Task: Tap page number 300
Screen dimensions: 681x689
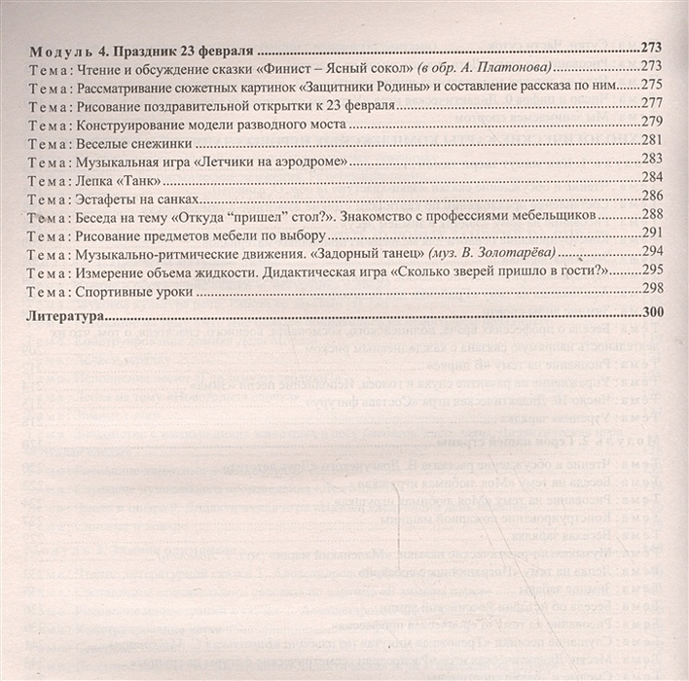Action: pyautogui.click(x=652, y=315)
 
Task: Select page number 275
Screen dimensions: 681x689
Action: pyautogui.click(x=652, y=86)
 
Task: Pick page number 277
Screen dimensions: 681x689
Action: pyautogui.click(x=652, y=104)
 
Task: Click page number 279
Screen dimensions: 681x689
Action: pyautogui.click(x=652, y=123)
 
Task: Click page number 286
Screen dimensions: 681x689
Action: pyautogui.click(x=652, y=196)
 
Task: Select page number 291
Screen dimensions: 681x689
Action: pyautogui.click(x=652, y=233)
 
